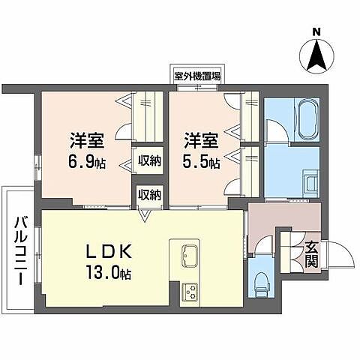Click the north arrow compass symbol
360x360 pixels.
(x=316, y=55)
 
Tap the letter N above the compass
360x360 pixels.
(x=316, y=31)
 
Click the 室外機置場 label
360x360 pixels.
(x=196, y=76)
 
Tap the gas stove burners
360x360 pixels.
(x=187, y=290)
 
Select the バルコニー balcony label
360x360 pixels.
(x=19, y=247)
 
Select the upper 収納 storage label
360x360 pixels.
(x=148, y=160)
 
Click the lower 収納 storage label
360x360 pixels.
(x=148, y=194)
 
